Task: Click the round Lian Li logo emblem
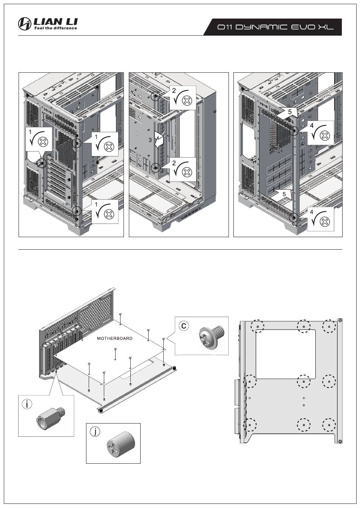25,23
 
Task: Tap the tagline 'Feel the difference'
56,28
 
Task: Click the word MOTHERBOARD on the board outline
114,338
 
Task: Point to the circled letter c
184,325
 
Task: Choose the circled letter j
95,431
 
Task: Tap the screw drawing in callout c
211,336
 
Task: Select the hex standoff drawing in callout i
50,417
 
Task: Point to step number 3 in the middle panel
150,140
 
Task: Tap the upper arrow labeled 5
288,113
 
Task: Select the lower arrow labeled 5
282,194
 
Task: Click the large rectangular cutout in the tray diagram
285,354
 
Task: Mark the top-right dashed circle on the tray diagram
329,326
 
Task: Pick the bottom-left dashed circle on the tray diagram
250,424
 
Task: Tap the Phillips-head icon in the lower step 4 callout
325,222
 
